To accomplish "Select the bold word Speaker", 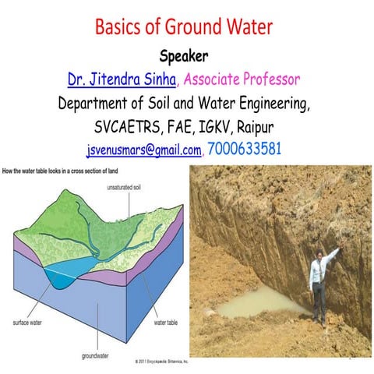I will (186, 56).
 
